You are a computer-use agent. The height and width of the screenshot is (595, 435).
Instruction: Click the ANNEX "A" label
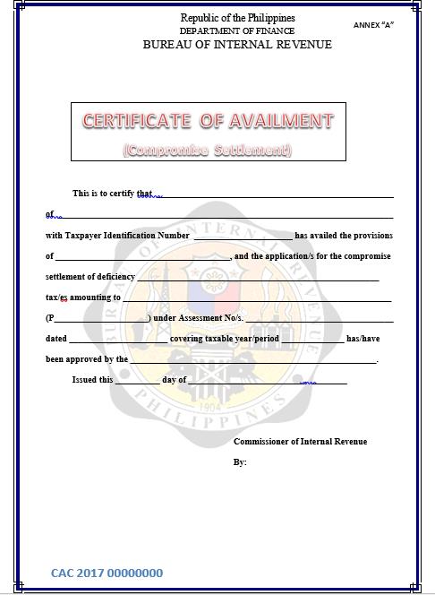point(373,25)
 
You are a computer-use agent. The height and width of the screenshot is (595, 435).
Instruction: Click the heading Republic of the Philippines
point(237,18)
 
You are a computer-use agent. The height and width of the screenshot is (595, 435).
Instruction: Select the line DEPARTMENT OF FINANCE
point(237,30)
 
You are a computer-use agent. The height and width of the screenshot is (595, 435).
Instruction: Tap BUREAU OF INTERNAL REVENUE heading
point(237,45)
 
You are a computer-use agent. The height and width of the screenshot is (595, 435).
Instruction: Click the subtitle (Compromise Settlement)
point(208,150)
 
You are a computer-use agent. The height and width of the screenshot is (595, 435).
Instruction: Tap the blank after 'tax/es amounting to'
point(256,299)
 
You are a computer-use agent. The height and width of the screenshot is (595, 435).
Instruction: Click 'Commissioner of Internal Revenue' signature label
point(300,442)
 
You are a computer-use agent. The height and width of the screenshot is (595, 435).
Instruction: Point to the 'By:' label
point(240,462)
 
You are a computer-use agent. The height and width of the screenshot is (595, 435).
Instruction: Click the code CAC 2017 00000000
point(107,573)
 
